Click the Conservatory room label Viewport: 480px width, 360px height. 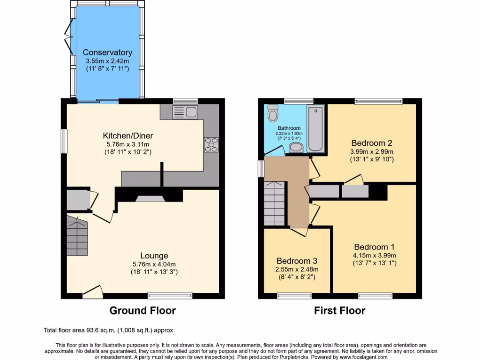(107, 52)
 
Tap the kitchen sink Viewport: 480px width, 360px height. (185, 112)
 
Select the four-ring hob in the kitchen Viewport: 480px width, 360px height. (211, 145)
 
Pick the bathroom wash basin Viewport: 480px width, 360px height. (296, 148)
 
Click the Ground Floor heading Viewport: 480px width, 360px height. (142, 310)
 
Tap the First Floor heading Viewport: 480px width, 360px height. (339, 310)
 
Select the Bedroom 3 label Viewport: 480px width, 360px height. (297, 261)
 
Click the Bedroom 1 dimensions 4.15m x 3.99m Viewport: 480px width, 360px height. (375, 255)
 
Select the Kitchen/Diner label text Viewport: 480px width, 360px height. (128, 136)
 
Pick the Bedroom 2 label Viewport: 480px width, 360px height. (372, 143)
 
